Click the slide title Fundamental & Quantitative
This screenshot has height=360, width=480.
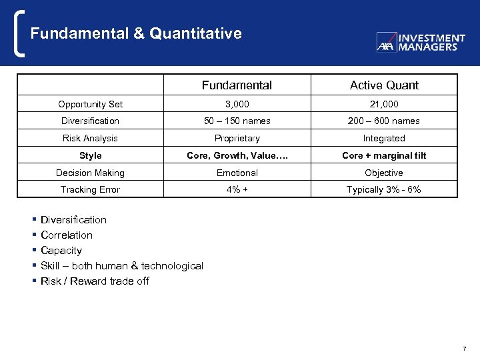(136, 33)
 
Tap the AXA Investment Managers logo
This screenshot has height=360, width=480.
(421, 43)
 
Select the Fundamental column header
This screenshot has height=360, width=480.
(237, 85)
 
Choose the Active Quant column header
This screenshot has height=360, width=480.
(384, 85)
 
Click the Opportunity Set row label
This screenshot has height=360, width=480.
(90, 104)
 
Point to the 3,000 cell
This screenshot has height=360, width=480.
(237, 104)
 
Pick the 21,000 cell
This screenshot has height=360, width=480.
(384, 104)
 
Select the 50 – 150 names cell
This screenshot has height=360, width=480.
(237, 121)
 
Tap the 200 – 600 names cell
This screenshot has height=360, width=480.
(384, 121)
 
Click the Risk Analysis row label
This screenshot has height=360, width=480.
(90, 138)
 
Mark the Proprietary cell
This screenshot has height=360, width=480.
(237, 138)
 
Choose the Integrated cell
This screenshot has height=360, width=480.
(384, 138)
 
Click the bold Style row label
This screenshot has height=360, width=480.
(90, 155)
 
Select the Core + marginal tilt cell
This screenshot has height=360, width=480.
(384, 155)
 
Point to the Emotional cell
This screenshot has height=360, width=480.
(237, 173)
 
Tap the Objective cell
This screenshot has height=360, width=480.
(384, 173)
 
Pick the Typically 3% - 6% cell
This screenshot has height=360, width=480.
(384, 190)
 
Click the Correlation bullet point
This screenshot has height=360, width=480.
(67, 235)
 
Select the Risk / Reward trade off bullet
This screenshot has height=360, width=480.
(95, 281)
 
